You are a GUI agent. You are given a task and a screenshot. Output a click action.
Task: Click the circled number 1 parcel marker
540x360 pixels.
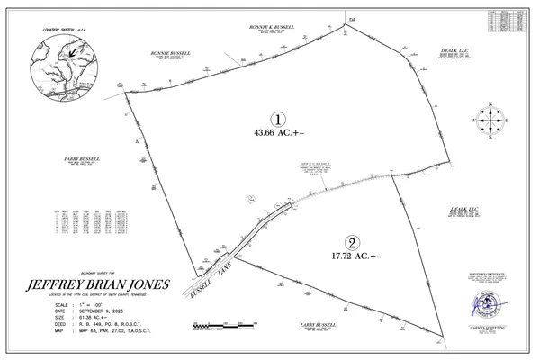pos(279,119)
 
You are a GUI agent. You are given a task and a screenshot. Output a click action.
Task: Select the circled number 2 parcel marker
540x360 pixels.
pos(353,242)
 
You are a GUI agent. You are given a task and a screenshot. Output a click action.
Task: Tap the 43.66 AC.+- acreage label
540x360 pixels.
pos(279,133)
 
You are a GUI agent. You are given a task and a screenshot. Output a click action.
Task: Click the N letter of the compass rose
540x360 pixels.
pos(490,103)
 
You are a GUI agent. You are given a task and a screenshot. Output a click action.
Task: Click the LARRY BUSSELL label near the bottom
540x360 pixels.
pos(317,322)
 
